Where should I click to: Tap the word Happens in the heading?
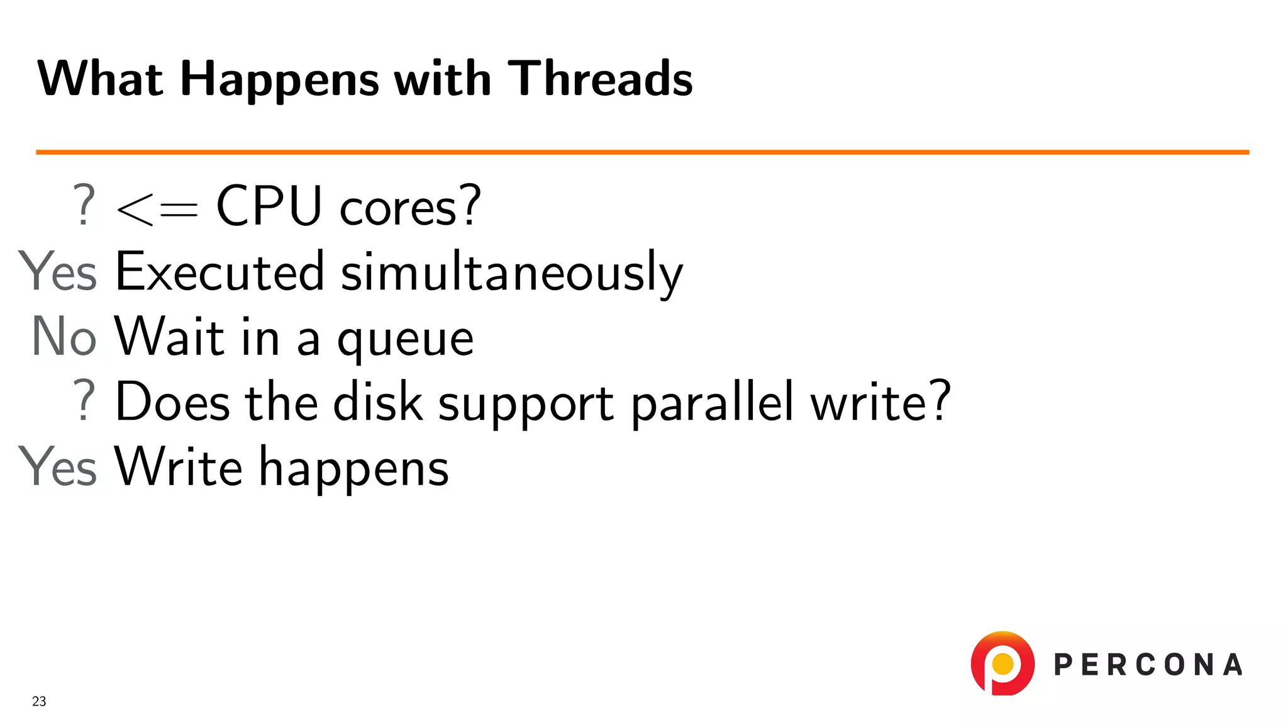(279, 80)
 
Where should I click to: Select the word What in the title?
(101, 79)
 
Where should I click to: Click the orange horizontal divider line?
(641, 152)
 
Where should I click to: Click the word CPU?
(269, 206)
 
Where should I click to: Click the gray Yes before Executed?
(58, 271)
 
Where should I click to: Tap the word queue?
(405, 340)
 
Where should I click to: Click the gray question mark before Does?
(84, 401)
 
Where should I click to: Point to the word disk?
(377, 402)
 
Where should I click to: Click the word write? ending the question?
(880, 402)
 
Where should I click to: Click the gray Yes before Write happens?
(58, 466)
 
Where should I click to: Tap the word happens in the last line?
(354, 469)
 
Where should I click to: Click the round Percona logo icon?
(1002, 663)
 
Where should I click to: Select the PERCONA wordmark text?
(1148, 665)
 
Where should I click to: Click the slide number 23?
(39, 701)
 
